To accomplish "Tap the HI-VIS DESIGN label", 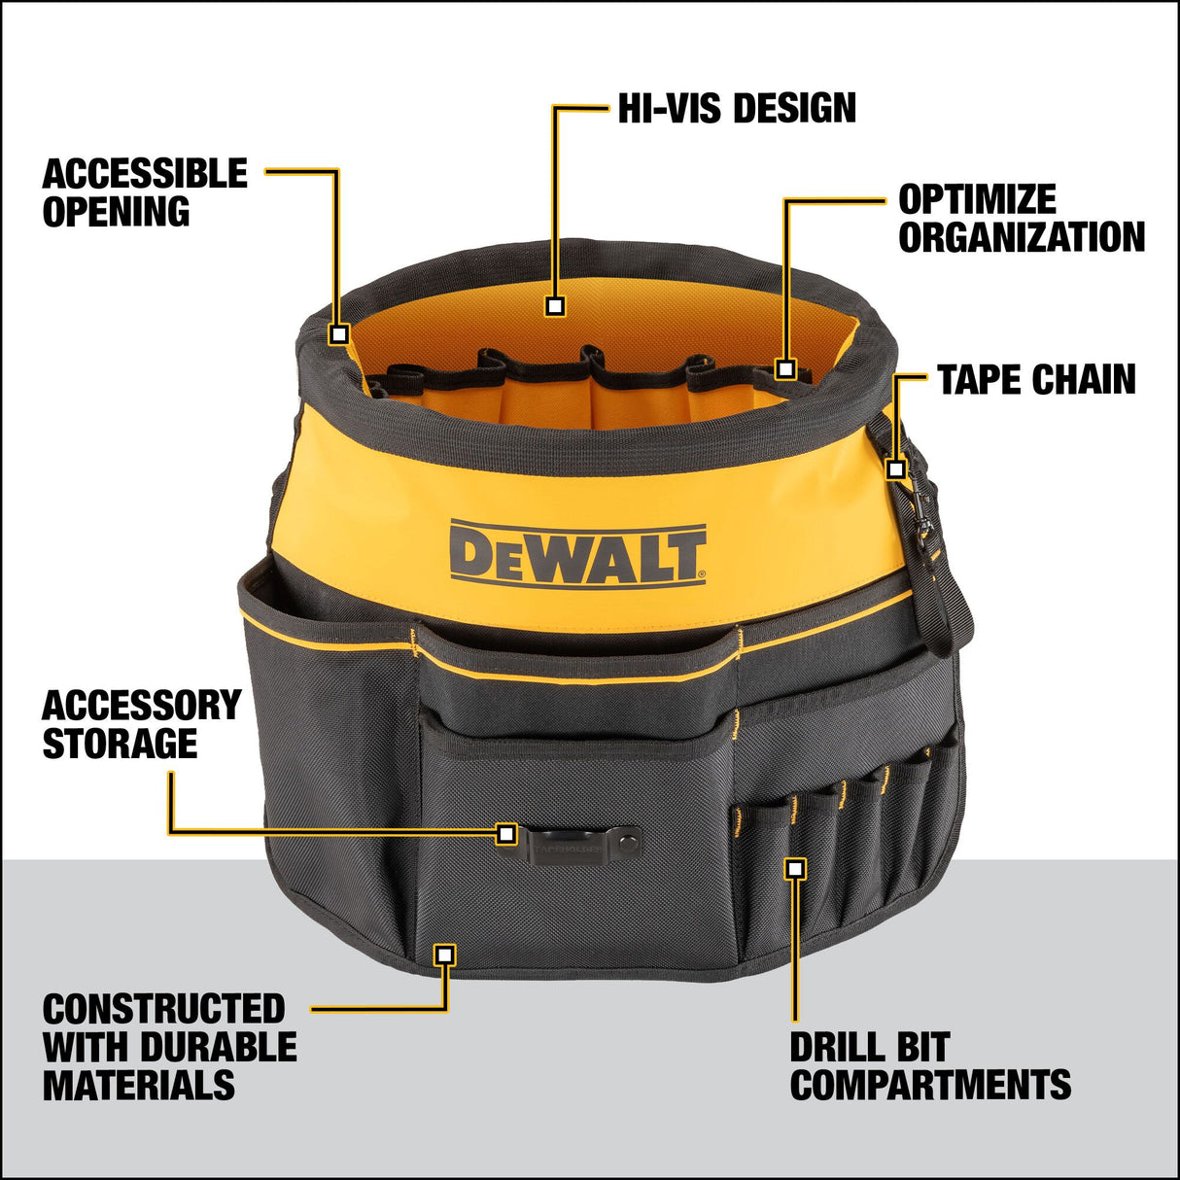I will click(x=737, y=108).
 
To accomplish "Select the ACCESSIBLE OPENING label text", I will click(x=144, y=192).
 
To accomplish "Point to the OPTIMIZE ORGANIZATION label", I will click(x=1021, y=219).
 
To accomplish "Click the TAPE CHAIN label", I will click(x=1036, y=380).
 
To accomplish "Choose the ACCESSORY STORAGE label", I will click(x=141, y=724).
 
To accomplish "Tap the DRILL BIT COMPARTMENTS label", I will click(x=929, y=1066).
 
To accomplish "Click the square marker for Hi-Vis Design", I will click(x=555, y=306).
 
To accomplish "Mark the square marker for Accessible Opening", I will click(x=338, y=334).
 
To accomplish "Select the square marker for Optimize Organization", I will click(x=786, y=369).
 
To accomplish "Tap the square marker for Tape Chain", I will click(x=896, y=469).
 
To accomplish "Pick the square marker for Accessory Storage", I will click(x=505, y=833).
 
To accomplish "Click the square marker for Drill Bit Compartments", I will click(x=796, y=869).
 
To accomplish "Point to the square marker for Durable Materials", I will click(x=445, y=954).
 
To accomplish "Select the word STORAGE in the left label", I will click(x=120, y=744).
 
